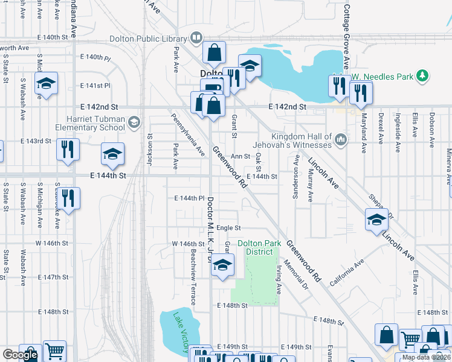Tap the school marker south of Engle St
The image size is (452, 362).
[x=222, y=266]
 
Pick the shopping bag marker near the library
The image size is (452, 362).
[x=214, y=53]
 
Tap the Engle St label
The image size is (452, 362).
[x=228, y=228]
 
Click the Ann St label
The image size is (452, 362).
[x=240, y=156]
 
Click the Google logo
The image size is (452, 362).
[x=19, y=355]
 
